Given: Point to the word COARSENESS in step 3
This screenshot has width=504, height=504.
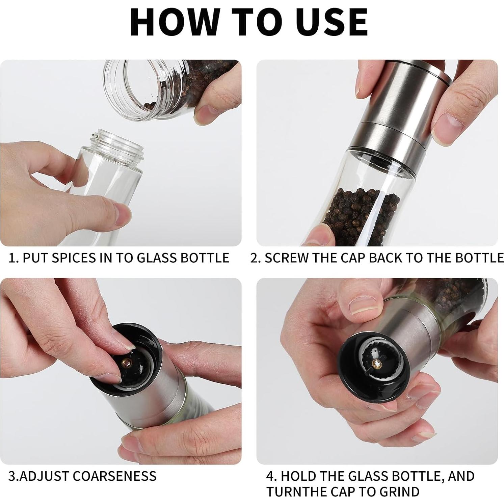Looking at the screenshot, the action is pos(114,476).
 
